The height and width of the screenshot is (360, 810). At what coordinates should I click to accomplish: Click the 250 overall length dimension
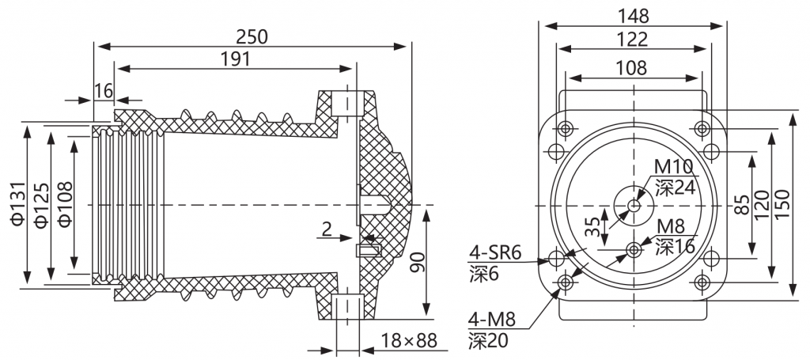click(252, 36)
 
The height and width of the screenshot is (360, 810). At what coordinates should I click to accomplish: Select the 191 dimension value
click(235, 59)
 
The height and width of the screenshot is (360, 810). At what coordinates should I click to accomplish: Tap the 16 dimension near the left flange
click(104, 91)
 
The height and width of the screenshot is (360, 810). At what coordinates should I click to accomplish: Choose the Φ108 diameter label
click(65, 204)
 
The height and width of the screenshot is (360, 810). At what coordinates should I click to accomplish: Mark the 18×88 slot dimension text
click(409, 340)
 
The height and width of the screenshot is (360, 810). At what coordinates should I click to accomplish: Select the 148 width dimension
click(634, 16)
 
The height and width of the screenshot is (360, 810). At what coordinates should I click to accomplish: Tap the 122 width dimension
click(632, 40)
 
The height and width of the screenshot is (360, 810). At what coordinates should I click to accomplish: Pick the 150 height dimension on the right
click(782, 204)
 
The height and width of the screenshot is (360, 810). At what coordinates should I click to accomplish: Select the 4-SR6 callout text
click(495, 254)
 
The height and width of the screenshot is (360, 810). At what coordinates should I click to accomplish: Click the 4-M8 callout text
click(492, 320)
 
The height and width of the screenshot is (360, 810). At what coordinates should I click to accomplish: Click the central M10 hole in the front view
click(634, 205)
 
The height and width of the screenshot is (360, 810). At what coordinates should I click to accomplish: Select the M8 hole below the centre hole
click(634, 250)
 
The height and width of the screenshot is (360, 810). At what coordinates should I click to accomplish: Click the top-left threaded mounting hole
click(566, 128)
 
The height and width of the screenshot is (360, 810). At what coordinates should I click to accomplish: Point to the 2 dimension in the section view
click(327, 229)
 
